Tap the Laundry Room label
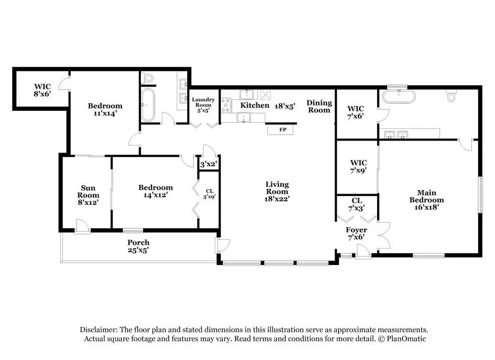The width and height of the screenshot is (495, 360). [x=203, y=103]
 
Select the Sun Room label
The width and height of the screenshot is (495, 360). [x=88, y=192]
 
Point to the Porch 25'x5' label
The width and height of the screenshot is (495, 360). [x=138, y=246]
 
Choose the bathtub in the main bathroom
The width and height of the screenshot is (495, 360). [x=398, y=97]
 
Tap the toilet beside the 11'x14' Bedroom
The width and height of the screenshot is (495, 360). [x=148, y=78]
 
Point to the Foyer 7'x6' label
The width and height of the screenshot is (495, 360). [x=356, y=233]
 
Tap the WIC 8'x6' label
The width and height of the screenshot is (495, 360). [x=42, y=90]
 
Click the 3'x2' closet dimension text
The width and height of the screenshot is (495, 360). [x=209, y=164]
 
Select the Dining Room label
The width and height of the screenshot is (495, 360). [x=319, y=106]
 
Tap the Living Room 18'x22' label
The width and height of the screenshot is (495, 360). [x=277, y=191]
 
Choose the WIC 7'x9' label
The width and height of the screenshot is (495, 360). [x=358, y=166]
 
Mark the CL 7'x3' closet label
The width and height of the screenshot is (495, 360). [x=357, y=205]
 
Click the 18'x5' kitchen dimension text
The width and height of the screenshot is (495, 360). [x=285, y=106]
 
